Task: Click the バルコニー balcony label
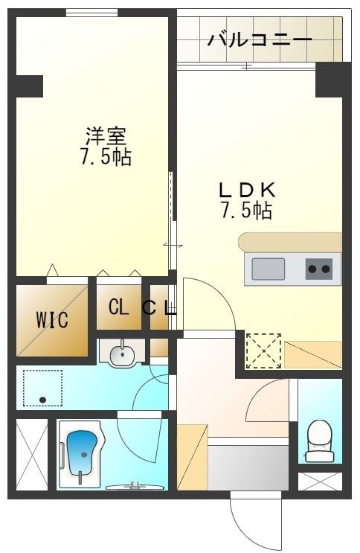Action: click(x=260, y=39)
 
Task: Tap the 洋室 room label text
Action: click(x=106, y=136)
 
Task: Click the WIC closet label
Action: click(x=52, y=321)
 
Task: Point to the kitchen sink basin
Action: click(x=268, y=268)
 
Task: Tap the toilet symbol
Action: click(x=319, y=438)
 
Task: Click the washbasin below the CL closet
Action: click(x=120, y=354)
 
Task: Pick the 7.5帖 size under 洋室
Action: click(x=106, y=157)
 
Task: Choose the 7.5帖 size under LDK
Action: click(x=245, y=211)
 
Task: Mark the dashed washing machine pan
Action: click(x=43, y=388)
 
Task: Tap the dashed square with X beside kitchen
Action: click(x=263, y=349)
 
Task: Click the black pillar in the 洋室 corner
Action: click(x=28, y=86)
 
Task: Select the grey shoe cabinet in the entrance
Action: click(x=247, y=465)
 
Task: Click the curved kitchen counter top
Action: click(x=289, y=242)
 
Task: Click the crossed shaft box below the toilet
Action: click(x=319, y=481)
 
